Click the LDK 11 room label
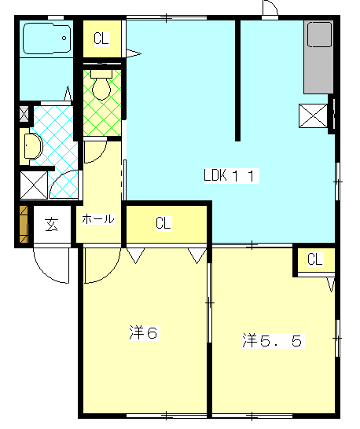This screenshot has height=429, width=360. click(231, 175)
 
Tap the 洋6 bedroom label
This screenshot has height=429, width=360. click(144, 332)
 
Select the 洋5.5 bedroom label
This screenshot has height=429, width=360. click(273, 340)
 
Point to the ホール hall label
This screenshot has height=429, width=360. click(98, 219)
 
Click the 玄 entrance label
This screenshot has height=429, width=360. click(52, 225)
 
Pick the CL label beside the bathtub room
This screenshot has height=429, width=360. click(101, 38)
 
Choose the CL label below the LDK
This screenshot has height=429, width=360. click(163, 223)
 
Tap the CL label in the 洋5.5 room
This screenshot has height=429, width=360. click(315, 259)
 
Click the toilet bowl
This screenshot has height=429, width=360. click(101, 85)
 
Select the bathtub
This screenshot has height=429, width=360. click(47, 38)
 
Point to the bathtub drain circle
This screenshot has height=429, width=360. click(64, 38)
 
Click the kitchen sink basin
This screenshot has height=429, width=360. click(319, 35)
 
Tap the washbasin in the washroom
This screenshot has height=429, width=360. click(33, 146)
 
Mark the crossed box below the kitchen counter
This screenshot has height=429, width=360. click(314, 116)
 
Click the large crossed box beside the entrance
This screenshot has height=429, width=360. click(34, 185)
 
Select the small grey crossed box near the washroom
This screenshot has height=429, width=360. click(24, 114)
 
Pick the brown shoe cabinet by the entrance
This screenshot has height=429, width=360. click(24, 225)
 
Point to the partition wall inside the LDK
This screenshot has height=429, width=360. click(238, 81)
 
